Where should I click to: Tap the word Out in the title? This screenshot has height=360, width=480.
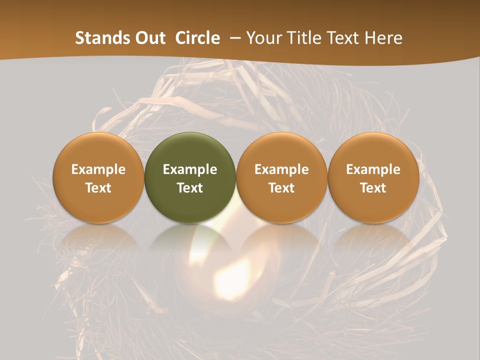pyautogui.click(x=148, y=38)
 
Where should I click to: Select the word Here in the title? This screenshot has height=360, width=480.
pyautogui.click(x=384, y=38)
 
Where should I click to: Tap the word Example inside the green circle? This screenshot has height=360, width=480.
pyautogui.click(x=190, y=169)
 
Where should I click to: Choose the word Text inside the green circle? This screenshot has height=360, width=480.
pyautogui.click(x=190, y=188)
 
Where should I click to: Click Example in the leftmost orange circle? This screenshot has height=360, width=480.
pyautogui.click(x=98, y=169)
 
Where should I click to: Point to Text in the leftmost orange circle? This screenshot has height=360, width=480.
pyautogui.click(x=98, y=188)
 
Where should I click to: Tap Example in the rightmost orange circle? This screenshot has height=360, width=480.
pyautogui.click(x=373, y=169)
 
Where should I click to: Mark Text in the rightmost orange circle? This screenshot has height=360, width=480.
pyautogui.click(x=373, y=188)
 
